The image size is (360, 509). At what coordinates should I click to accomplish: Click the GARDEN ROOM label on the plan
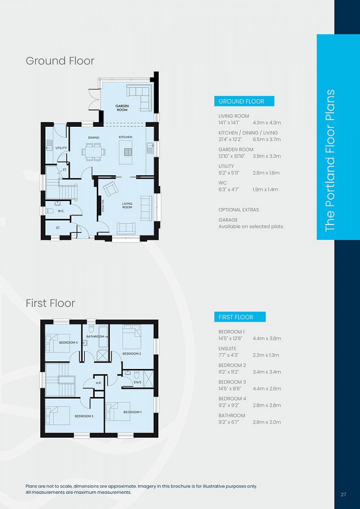click(122, 108)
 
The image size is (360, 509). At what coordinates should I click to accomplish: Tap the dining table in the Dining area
click(94, 152)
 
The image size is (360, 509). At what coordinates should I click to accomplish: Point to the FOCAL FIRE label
click(103, 206)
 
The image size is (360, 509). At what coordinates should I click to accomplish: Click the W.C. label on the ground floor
click(61, 211)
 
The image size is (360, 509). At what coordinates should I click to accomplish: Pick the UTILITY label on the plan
click(61, 148)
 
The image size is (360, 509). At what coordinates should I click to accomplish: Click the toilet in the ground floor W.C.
click(50, 211)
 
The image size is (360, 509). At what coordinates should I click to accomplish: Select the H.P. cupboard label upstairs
click(98, 383)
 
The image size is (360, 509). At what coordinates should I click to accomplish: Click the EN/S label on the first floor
click(138, 382)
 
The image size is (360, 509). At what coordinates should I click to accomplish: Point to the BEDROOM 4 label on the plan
click(68, 342)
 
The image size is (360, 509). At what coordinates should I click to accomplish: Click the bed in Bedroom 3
click(58, 415)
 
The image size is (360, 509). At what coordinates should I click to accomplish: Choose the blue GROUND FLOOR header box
click(244, 101)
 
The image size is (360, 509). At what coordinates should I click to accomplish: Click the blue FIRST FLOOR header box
click(240, 317)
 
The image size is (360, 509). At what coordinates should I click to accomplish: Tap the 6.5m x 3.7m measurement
click(267, 139)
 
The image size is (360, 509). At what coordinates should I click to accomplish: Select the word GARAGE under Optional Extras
click(228, 220)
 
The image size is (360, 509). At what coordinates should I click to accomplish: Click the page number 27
click(343, 494)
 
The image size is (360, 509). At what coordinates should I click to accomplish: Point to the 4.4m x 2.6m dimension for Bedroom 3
click(267, 389)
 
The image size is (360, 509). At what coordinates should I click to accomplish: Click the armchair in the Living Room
click(110, 189)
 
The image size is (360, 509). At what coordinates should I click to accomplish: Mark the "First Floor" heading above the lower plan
click(50, 303)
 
